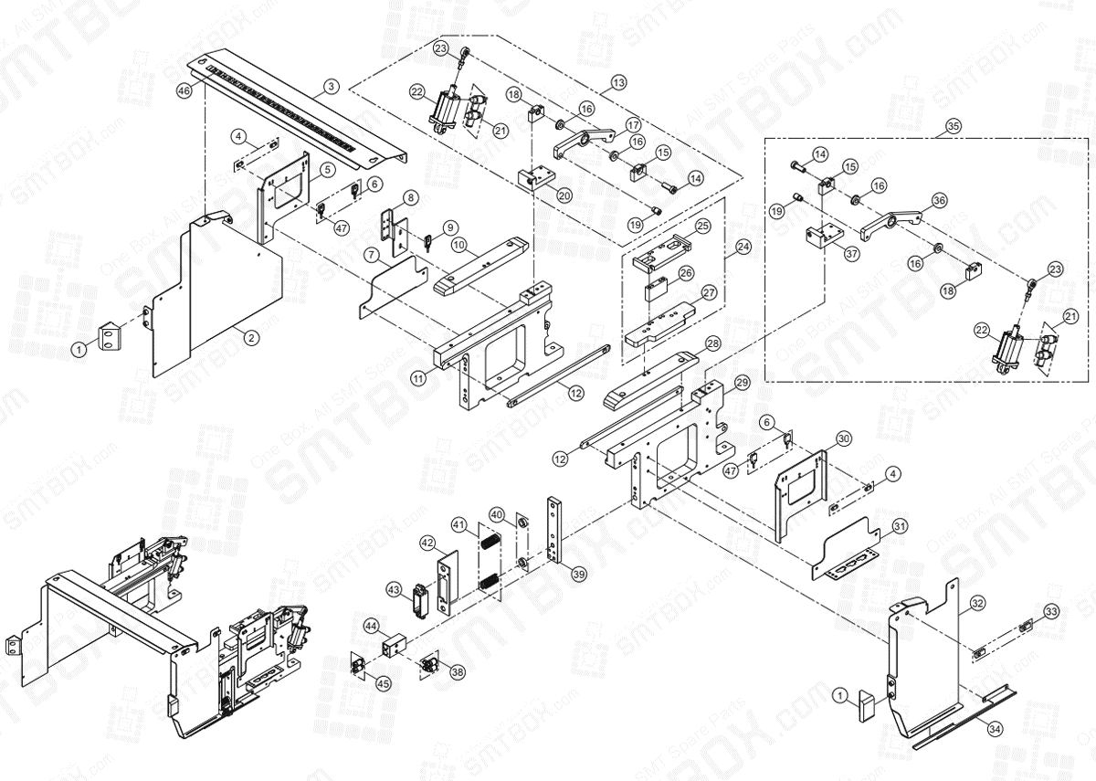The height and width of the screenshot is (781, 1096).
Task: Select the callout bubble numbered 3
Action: (331, 87)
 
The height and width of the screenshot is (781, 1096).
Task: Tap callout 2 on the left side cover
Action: (250, 337)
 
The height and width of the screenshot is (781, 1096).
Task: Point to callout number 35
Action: (954, 124)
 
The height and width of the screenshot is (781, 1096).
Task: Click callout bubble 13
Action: (619, 82)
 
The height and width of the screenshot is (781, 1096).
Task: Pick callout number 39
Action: (578, 574)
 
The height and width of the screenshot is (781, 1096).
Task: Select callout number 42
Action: (426, 543)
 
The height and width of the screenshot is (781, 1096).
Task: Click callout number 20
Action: (564, 195)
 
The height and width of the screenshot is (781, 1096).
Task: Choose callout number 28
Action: (713, 343)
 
